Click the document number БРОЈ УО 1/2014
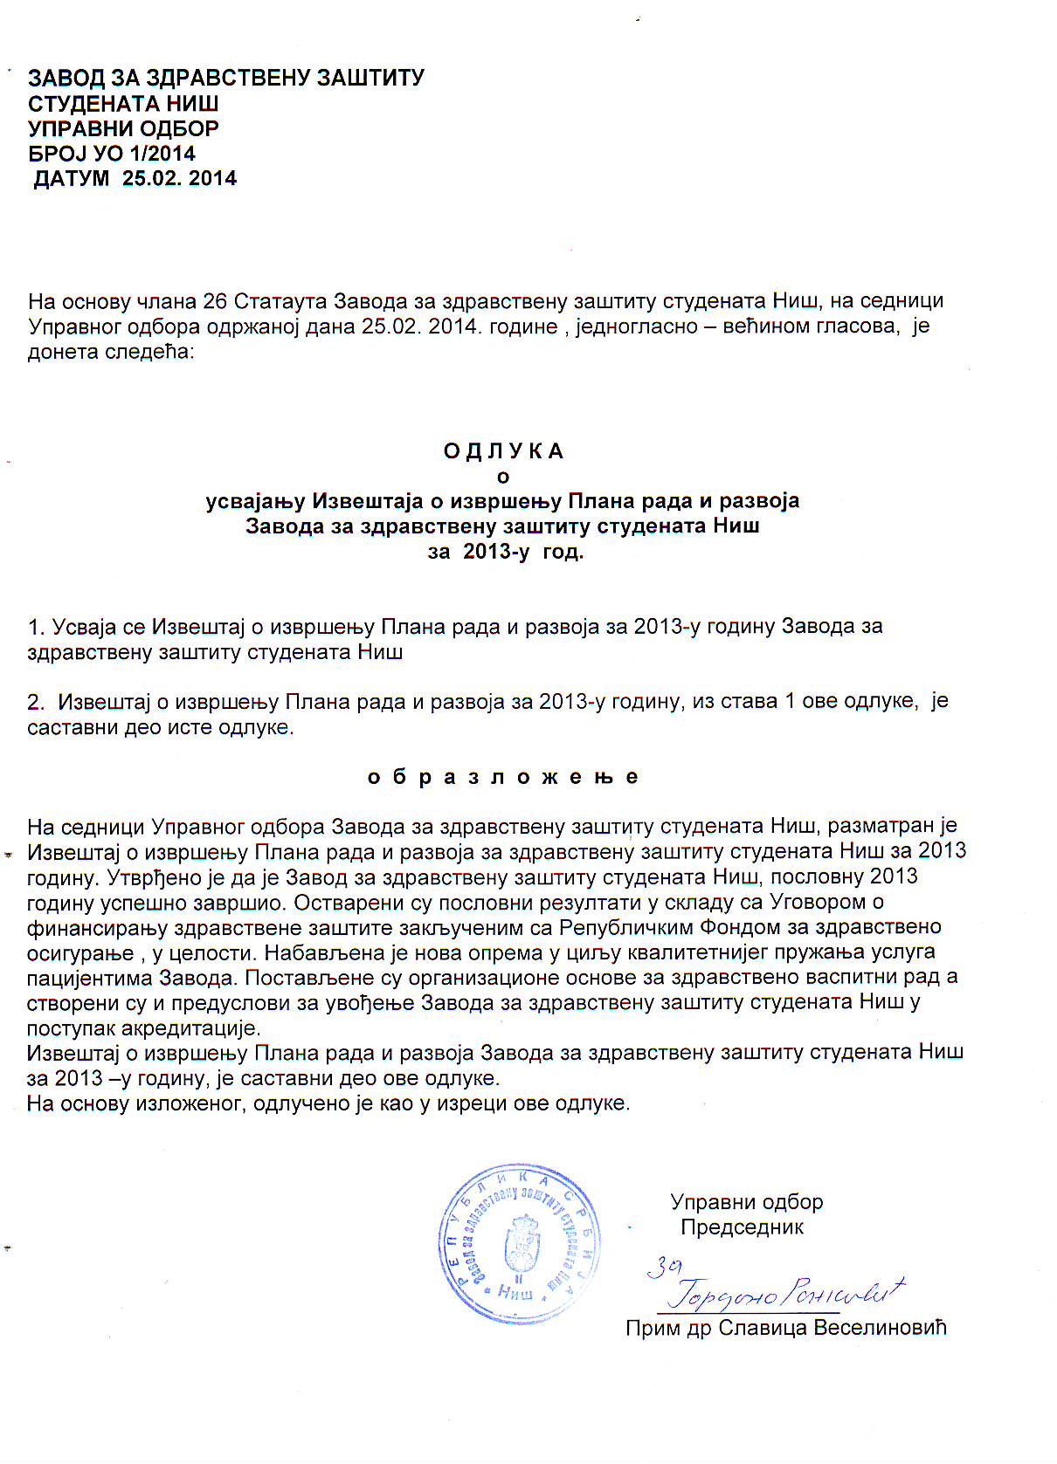click(112, 154)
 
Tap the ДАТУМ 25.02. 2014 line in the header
click(135, 179)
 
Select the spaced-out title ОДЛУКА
click(503, 451)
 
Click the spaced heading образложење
click(503, 777)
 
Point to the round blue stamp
click(521, 1243)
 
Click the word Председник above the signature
click(742, 1227)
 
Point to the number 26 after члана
click(215, 301)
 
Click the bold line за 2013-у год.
click(505, 552)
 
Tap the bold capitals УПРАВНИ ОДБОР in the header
click(123, 128)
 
